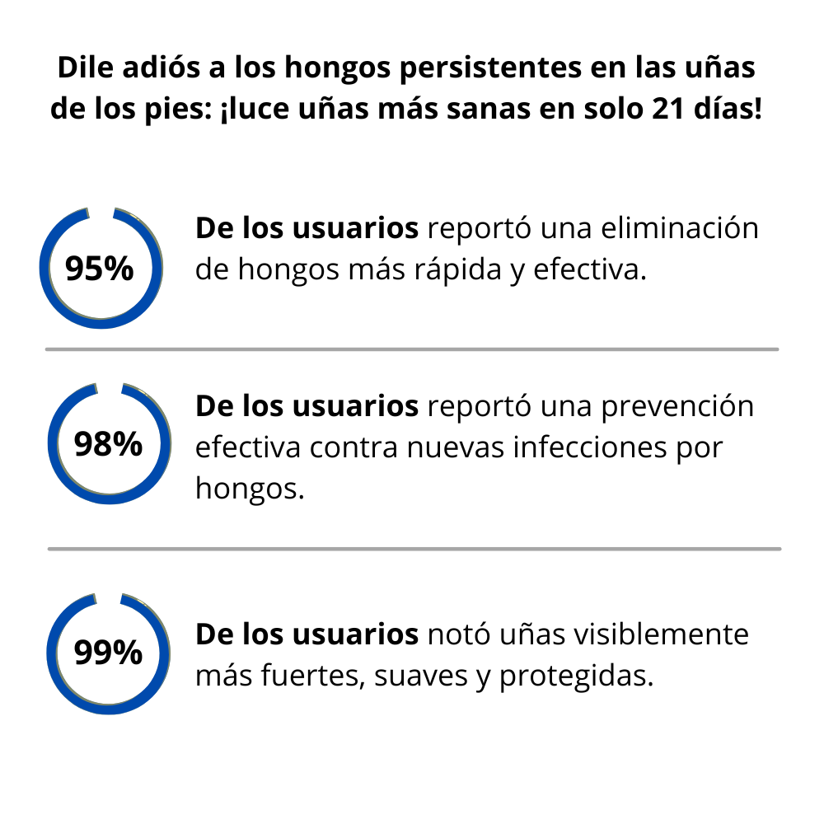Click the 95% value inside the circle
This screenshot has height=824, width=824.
[99, 269]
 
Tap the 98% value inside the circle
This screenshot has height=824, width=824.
[108, 444]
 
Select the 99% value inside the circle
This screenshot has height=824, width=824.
[108, 653]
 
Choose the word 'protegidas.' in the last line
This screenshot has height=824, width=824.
[576, 677]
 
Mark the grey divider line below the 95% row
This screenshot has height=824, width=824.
[412, 349]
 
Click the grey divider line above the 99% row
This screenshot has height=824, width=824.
[412, 549]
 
